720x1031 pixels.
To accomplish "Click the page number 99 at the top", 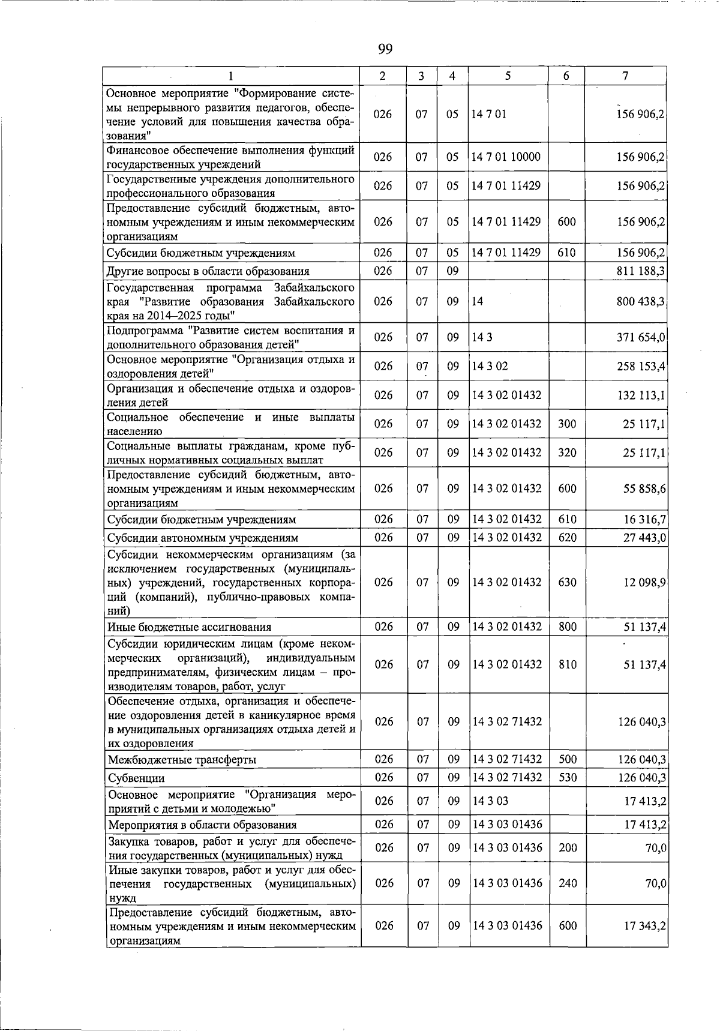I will click(x=385, y=49).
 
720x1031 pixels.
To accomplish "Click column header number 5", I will click(x=508, y=76).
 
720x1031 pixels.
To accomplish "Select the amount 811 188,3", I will click(x=641, y=271).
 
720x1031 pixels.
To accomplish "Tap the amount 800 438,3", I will click(x=641, y=302).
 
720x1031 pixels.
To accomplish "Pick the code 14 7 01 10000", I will click(x=506, y=157).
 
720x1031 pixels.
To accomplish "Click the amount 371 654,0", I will click(x=641, y=338).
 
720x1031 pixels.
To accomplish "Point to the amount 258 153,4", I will click(x=641, y=367).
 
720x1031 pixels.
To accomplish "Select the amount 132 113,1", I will click(x=641, y=395).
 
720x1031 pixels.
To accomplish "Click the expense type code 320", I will click(x=567, y=453).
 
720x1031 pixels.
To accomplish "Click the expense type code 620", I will click(x=567, y=538).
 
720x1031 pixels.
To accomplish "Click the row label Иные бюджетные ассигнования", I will click(x=190, y=628).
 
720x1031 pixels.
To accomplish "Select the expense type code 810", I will click(x=567, y=665).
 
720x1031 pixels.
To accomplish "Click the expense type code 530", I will click(x=567, y=778).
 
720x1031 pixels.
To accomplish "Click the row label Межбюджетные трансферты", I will click(x=182, y=760).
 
